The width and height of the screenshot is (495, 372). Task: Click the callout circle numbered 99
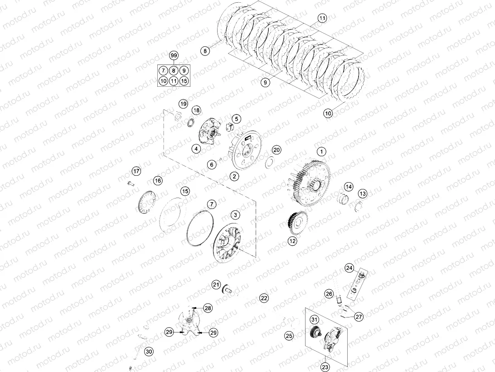[x=173, y=55]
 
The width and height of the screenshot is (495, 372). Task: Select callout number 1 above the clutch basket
[x=321, y=151]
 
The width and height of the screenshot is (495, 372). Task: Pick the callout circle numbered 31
[x=314, y=320]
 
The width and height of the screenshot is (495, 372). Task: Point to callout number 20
[x=277, y=150]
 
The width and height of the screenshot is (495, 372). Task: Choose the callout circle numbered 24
[x=349, y=268]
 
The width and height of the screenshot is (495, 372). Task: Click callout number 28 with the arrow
[x=208, y=308]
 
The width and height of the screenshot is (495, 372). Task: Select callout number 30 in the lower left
[x=149, y=351]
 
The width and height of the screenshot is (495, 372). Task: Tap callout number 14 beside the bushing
[x=348, y=187]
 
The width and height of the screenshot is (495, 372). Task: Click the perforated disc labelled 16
[x=146, y=201]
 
